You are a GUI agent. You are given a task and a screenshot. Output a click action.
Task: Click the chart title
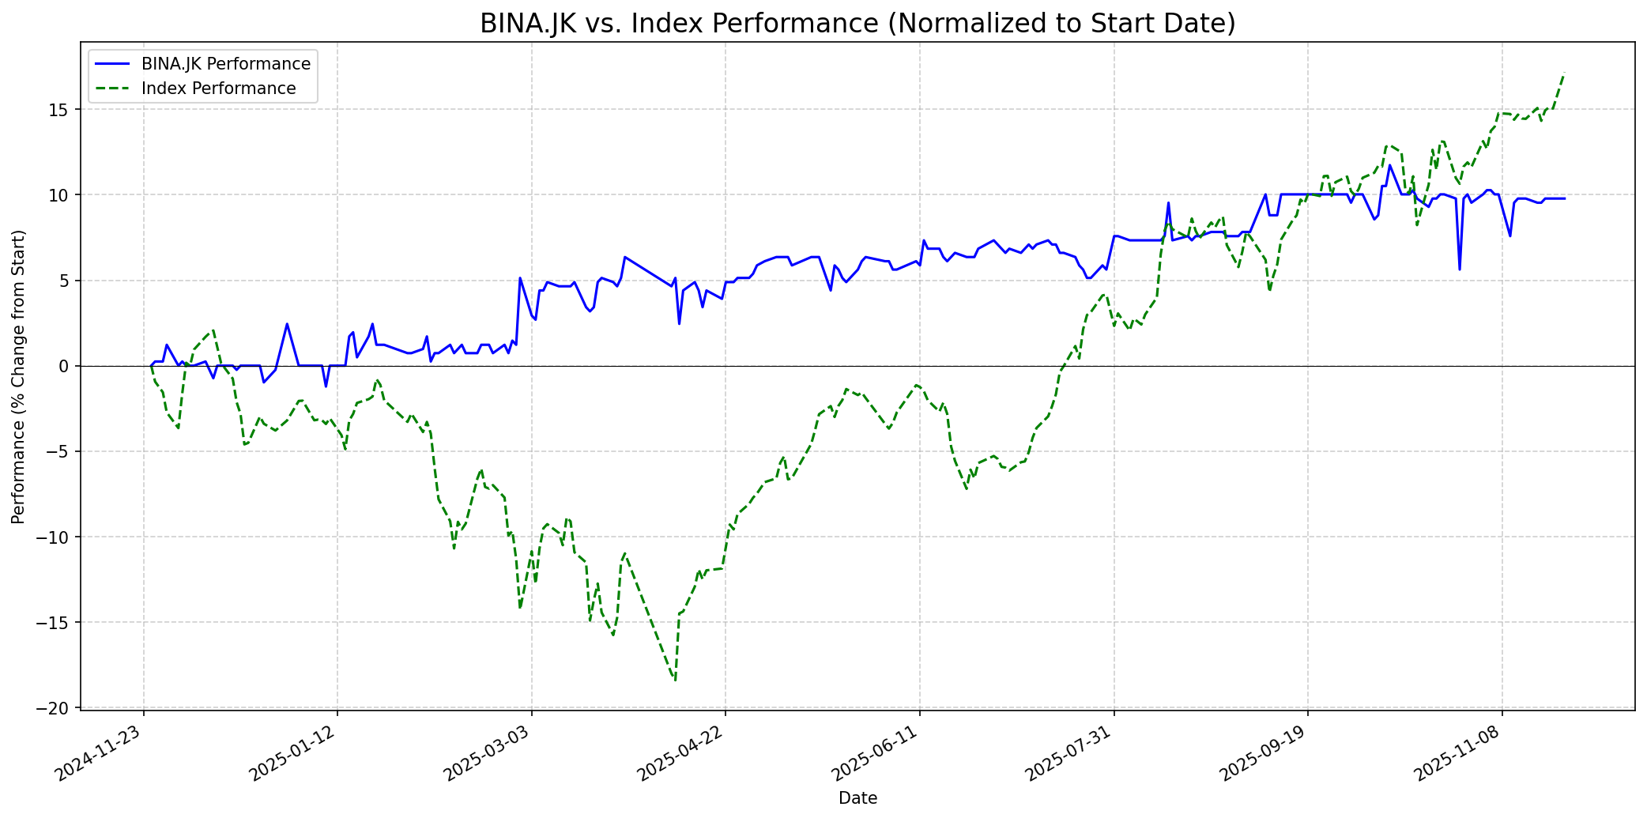coord(857,24)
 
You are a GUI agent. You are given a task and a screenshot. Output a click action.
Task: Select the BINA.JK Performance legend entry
coord(225,64)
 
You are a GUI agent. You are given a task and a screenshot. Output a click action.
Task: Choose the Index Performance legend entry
coord(218,89)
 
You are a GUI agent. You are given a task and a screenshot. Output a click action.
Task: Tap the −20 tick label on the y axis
coord(58,708)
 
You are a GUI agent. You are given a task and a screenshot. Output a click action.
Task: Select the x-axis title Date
coord(857,798)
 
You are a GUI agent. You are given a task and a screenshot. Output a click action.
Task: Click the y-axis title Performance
coord(18,376)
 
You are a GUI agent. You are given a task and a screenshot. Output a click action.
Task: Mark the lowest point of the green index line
coord(675,680)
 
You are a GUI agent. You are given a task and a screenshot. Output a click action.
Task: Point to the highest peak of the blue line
coord(1389,165)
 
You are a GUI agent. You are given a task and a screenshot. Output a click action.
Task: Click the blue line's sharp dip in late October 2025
coord(1460,270)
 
